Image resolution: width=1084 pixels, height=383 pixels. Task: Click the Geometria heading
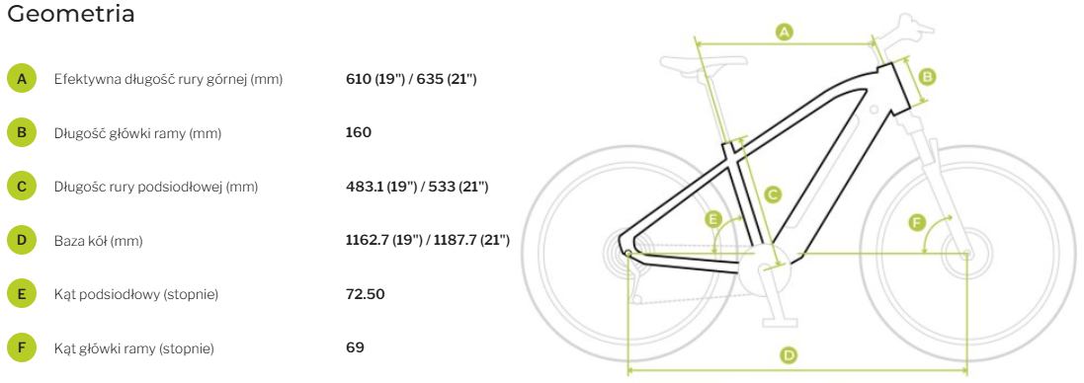pyautogui.click(x=70, y=15)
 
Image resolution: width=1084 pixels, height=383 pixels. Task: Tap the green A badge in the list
pyautogui.click(x=22, y=79)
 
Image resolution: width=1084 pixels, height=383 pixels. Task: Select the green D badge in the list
pyautogui.click(x=22, y=241)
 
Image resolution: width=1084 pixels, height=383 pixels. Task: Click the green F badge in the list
pyautogui.click(x=22, y=348)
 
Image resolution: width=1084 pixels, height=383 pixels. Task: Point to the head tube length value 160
pyautogui.click(x=358, y=132)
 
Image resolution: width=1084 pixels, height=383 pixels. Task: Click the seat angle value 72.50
pyautogui.click(x=365, y=295)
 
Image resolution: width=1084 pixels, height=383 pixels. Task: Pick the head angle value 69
pyautogui.click(x=355, y=347)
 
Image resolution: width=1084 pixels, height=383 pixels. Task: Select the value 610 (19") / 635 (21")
pyautogui.click(x=411, y=79)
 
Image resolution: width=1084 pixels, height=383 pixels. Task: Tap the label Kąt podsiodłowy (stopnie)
pyautogui.click(x=136, y=295)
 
